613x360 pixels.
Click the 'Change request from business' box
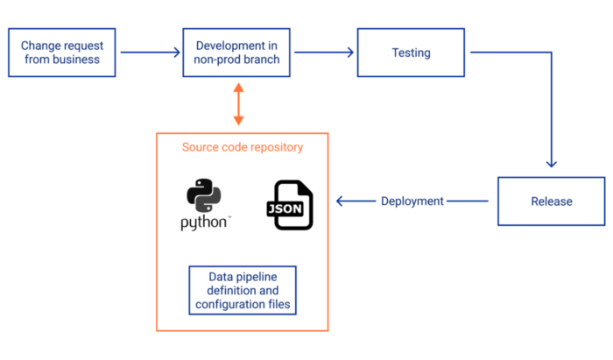60,53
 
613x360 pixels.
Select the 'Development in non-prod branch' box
237,53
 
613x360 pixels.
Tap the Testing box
411,53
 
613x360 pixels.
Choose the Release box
551,201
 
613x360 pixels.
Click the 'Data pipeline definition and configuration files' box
243,291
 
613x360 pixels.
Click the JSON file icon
289,206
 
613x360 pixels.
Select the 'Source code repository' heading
243,147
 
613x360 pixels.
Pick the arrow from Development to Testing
324,53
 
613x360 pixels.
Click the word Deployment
412,201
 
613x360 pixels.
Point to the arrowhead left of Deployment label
342,201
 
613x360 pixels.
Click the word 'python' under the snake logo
206,222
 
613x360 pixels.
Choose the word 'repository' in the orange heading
276,147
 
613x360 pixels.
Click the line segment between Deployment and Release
469,201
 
